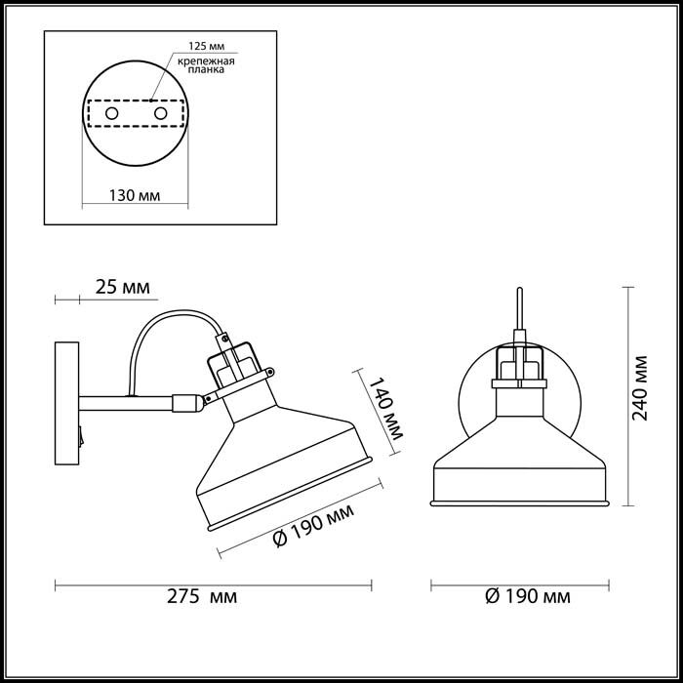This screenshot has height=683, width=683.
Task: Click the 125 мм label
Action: [207, 46]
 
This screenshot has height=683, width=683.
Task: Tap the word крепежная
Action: [206, 61]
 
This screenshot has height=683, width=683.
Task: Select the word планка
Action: [207, 69]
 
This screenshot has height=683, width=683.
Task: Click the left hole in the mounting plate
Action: [112, 114]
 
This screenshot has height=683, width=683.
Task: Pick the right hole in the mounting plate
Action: [160, 114]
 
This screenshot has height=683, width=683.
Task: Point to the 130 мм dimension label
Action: [135, 195]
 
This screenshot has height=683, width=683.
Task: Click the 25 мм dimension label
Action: [122, 287]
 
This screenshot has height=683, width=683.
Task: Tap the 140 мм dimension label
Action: [386, 409]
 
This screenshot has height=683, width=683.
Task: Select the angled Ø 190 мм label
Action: [313, 525]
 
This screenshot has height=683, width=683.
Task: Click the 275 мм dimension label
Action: [202, 596]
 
